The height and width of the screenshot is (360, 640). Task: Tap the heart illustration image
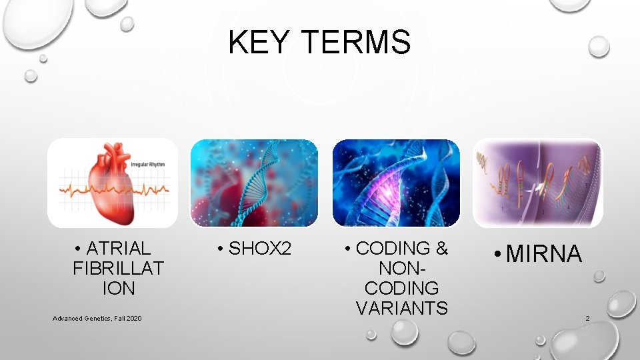[113, 183]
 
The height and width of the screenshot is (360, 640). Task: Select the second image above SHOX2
[254, 183]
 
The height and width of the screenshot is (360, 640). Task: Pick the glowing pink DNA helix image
[396, 183]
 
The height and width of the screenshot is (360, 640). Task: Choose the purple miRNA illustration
[537, 183]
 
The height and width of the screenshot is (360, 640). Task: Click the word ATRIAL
[119, 249]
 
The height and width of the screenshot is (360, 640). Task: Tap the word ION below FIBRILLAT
[119, 289]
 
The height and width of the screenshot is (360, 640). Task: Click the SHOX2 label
[260, 249]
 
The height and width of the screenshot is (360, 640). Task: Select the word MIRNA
[544, 254]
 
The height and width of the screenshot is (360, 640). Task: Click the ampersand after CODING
[441, 249]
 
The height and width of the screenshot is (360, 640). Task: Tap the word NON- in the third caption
[402, 269]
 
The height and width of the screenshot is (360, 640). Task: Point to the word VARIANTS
[402, 308]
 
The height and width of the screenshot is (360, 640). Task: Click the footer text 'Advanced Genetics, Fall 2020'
[97, 319]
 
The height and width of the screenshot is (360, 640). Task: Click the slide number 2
[587, 319]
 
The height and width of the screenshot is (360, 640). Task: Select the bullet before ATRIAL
[79, 249]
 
